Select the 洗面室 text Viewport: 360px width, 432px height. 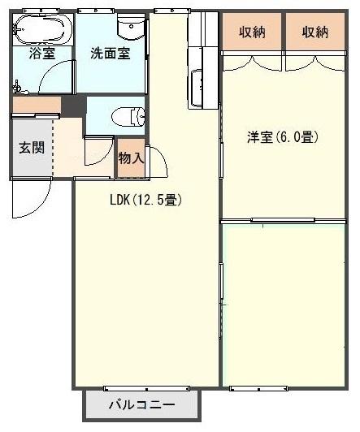point(110,54)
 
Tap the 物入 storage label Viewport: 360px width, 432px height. point(131,158)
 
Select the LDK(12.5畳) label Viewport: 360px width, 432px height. point(145,200)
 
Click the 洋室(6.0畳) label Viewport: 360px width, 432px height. point(282,137)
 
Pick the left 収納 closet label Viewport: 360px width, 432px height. point(251,32)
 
